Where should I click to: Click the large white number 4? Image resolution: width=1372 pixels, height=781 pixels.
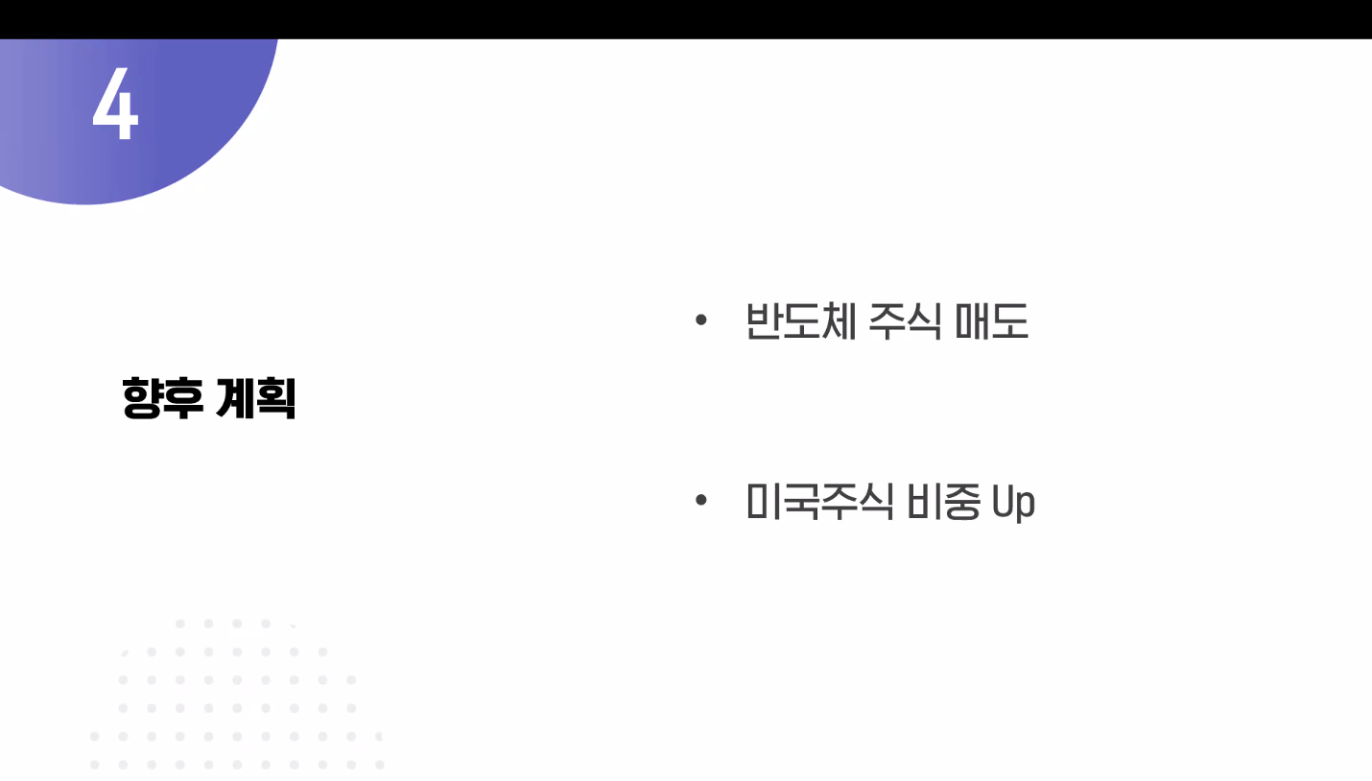click(x=116, y=104)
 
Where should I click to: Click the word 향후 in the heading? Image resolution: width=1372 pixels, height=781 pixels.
click(x=162, y=398)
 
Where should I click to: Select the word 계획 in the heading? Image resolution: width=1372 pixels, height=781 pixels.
click(x=256, y=398)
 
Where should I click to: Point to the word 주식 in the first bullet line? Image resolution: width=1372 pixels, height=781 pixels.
click(x=906, y=320)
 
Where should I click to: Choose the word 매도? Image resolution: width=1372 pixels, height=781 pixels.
click(x=992, y=320)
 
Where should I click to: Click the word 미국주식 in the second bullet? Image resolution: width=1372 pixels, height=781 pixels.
click(x=819, y=502)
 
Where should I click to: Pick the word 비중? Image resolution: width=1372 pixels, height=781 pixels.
click(x=943, y=502)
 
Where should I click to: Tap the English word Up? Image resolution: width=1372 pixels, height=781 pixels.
click(x=1013, y=503)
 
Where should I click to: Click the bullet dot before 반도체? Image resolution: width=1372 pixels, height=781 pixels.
click(x=701, y=319)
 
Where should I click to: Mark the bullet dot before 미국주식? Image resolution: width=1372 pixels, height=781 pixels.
click(x=701, y=500)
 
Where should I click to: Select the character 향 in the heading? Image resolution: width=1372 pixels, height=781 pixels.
click(x=142, y=398)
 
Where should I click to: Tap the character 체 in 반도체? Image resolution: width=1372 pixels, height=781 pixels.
click(x=838, y=320)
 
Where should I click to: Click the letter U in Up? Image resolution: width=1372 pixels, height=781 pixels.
click(x=1003, y=501)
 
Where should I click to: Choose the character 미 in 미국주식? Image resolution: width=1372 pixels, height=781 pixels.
click(x=764, y=502)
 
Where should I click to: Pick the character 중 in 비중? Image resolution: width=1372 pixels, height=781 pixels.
click(x=962, y=502)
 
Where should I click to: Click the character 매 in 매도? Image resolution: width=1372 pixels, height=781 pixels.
click(x=973, y=320)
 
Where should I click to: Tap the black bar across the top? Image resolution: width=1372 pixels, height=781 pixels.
click(x=686, y=19)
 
